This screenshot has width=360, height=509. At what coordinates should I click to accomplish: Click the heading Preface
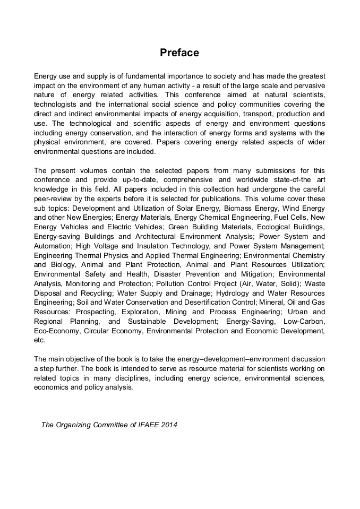(x=179, y=53)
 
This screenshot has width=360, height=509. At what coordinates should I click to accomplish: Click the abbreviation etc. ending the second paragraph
(x=39, y=340)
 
